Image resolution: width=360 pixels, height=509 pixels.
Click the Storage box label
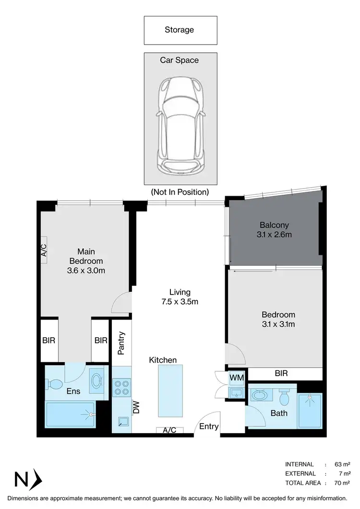point(180,30)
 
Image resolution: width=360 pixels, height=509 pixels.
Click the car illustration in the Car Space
point(180,127)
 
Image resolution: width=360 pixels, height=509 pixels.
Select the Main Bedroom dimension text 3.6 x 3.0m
point(86,271)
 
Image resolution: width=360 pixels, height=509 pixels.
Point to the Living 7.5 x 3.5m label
point(180,297)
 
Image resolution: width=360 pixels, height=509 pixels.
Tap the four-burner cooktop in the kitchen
point(122,388)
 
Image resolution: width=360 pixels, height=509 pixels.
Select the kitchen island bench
point(170,391)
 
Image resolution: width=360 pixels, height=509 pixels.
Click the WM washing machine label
point(237,378)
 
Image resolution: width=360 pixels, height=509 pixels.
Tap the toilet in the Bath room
point(284,398)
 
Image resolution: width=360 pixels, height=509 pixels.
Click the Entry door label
point(209,426)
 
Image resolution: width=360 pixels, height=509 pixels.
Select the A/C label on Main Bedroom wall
point(44,250)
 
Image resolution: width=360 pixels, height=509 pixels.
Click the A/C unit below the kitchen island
point(169,430)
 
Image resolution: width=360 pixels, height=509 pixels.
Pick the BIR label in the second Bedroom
point(281,373)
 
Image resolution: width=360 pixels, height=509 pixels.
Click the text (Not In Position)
point(180,192)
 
